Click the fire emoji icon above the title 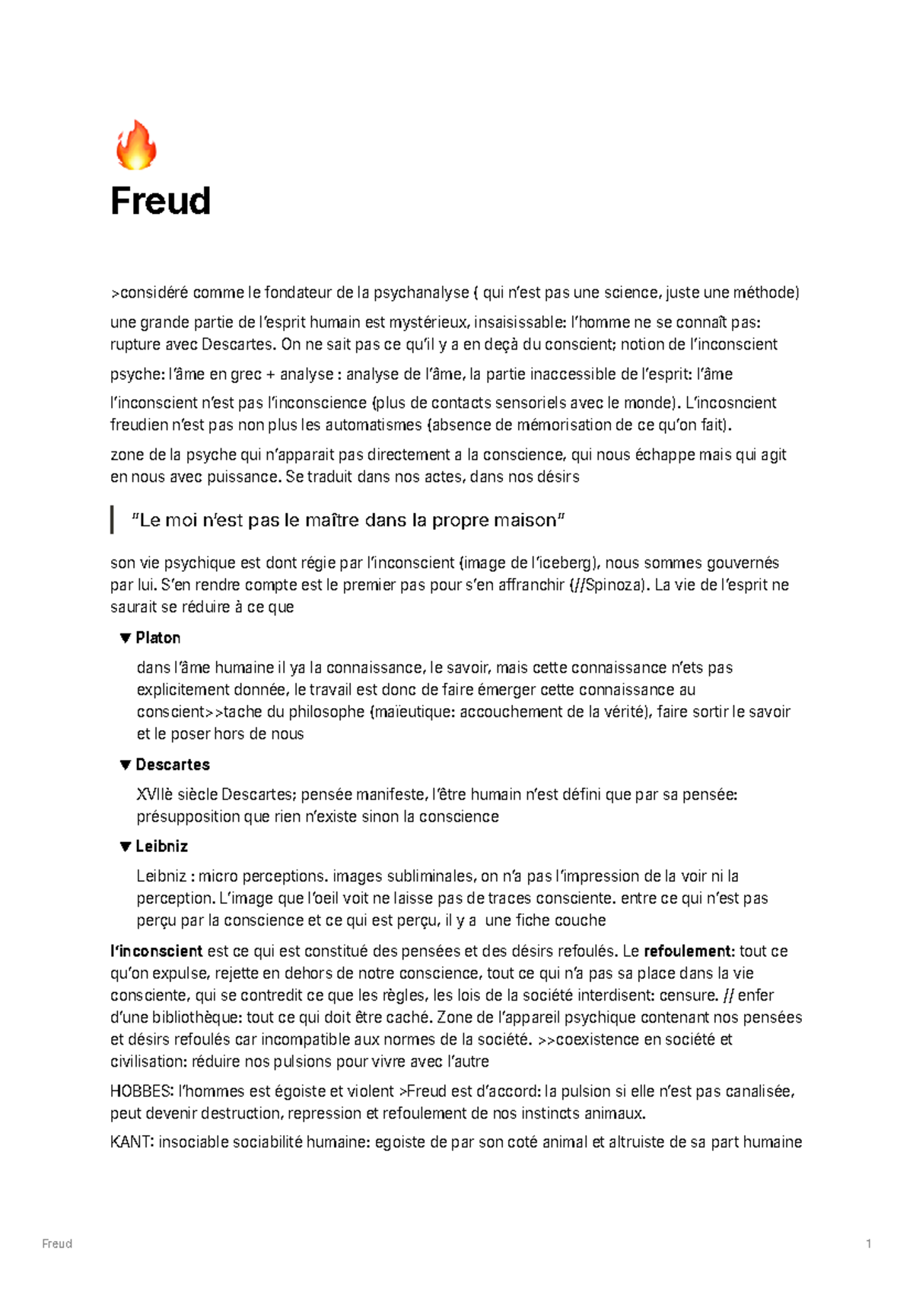pos(135,145)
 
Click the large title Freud pos(161,202)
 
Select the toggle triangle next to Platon pos(126,638)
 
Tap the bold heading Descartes pos(173,764)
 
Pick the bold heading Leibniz pos(161,847)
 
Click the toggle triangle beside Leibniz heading pos(126,847)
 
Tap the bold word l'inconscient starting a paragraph pos(156,951)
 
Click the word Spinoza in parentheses pos(613,585)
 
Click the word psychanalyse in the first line pos(421,292)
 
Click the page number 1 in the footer pos(868,1244)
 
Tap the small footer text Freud pos(57,1244)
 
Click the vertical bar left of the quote pos(113,520)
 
